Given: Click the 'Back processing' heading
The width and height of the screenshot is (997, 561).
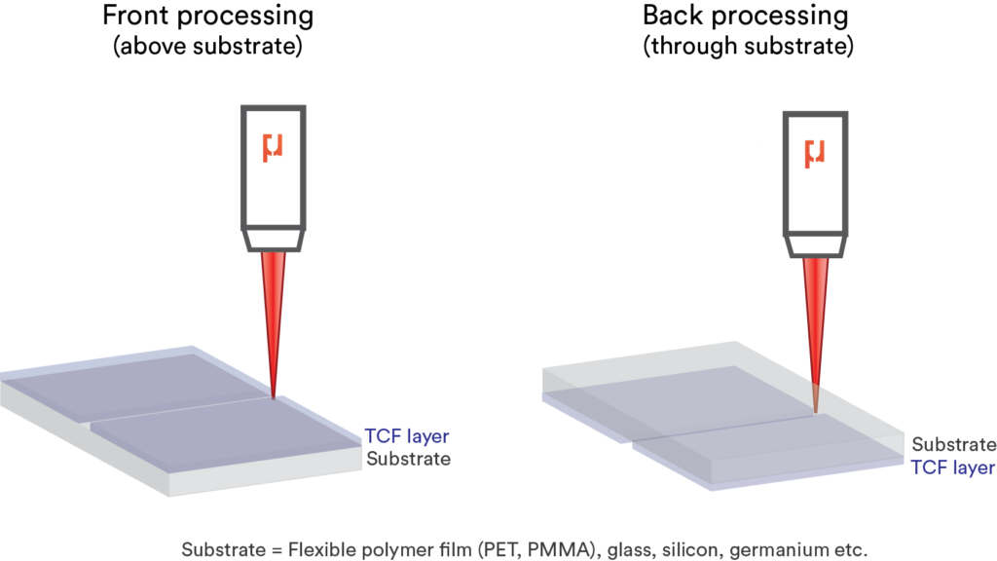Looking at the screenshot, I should [x=745, y=17].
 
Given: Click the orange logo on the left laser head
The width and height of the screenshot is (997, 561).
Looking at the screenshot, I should [x=274, y=149].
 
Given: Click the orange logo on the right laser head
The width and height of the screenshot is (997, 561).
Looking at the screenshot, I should [x=815, y=153].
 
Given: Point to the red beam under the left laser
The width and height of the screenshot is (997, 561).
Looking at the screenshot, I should [x=274, y=312].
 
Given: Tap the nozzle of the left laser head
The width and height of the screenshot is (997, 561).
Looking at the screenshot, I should [x=274, y=239].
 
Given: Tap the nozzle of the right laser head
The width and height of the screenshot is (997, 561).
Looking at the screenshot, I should [x=815, y=245].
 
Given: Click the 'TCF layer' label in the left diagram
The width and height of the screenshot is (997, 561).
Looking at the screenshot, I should [x=407, y=436].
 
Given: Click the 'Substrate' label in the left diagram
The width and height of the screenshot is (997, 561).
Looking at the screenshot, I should [x=408, y=459].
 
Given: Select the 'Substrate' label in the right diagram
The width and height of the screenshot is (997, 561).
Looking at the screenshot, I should [x=954, y=445].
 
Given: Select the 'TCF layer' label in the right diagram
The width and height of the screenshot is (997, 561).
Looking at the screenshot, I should [x=953, y=467].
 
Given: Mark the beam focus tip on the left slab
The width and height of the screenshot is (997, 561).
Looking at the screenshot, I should [x=274, y=396].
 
